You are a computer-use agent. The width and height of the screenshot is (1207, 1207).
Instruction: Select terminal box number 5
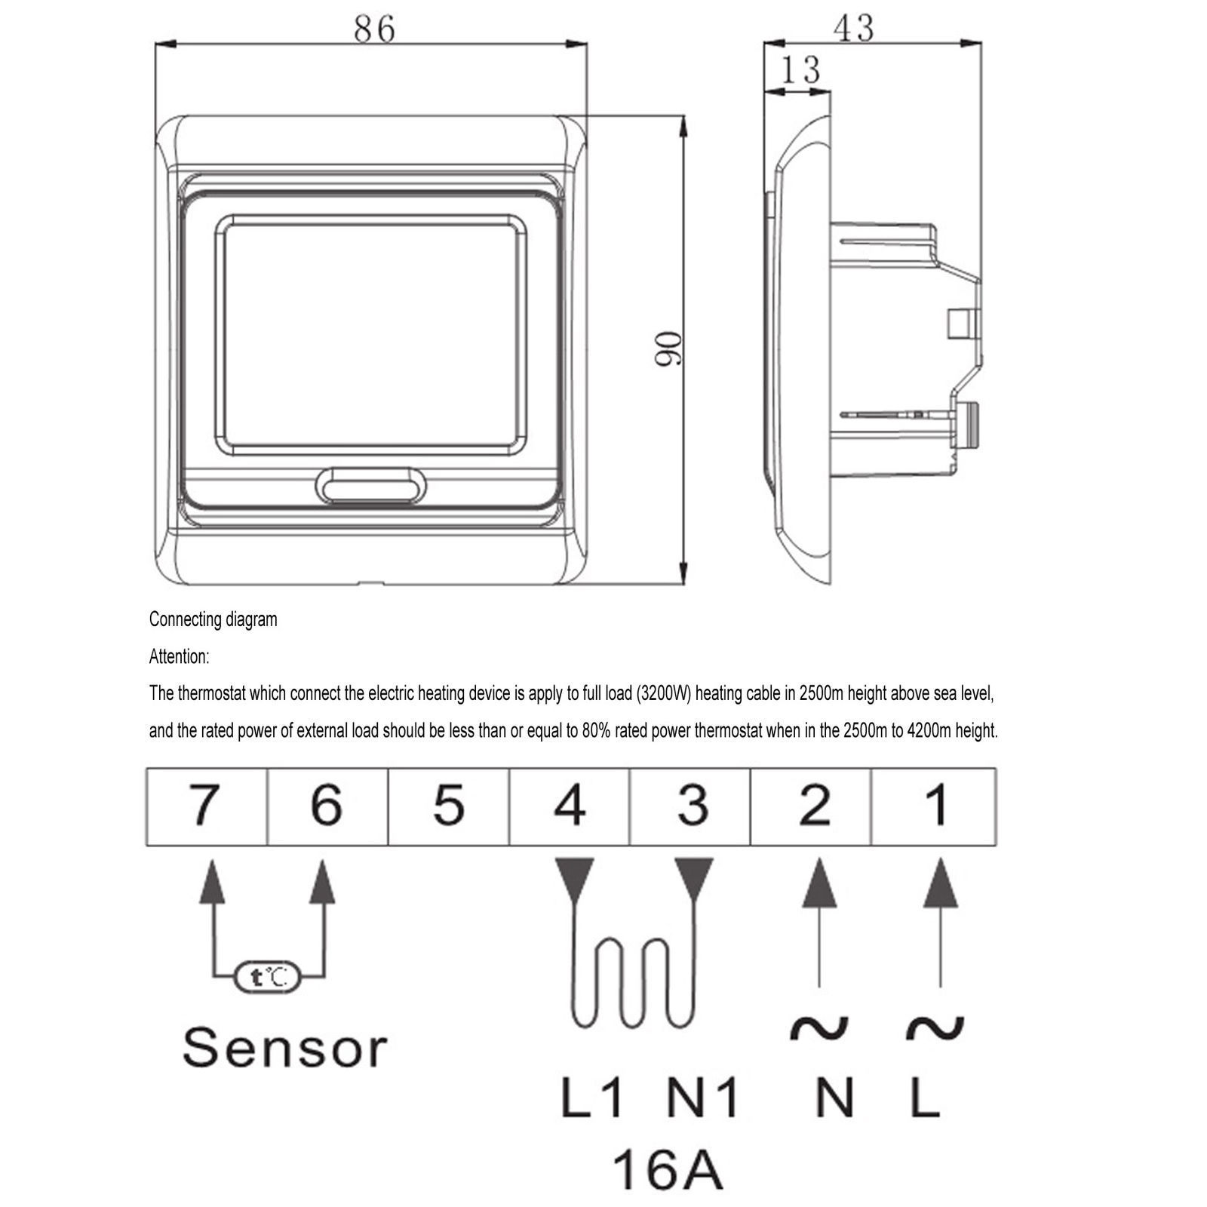pyautogui.click(x=448, y=806)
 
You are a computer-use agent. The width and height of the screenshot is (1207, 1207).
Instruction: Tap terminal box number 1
pyautogui.click(x=935, y=806)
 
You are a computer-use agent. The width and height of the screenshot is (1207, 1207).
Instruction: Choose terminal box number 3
pyautogui.click(x=693, y=806)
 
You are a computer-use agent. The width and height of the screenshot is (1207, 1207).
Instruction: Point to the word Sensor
pyautogui.click(x=284, y=1048)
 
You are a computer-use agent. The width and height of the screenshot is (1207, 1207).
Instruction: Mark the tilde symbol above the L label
pyautogui.click(x=935, y=1027)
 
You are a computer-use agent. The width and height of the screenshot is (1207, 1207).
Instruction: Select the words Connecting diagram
pyautogui.click(x=213, y=619)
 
